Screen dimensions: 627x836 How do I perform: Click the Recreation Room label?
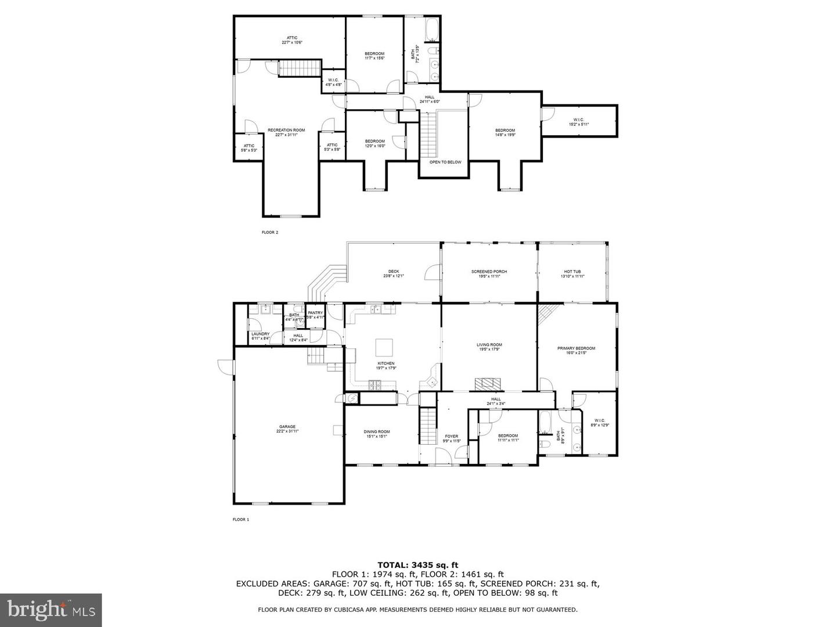(286, 132)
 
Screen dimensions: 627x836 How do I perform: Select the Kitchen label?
(386, 366)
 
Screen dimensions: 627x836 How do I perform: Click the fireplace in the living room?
(487, 383)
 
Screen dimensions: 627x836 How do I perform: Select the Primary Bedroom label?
(576, 351)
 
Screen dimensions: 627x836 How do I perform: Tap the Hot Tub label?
(572, 273)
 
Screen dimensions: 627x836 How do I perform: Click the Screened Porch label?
(489, 273)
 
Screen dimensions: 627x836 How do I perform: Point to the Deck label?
(394, 273)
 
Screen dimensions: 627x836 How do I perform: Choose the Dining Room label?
(377, 434)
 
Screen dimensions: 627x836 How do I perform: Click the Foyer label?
(452, 438)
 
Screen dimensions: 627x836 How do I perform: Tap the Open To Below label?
(445, 162)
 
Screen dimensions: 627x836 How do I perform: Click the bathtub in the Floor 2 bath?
(433, 30)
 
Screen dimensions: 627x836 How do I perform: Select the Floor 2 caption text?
(270, 232)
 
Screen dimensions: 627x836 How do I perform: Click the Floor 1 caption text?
(240, 520)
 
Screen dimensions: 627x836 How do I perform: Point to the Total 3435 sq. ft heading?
(418, 564)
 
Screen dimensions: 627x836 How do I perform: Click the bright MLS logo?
(51, 610)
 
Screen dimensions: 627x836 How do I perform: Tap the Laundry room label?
(260, 336)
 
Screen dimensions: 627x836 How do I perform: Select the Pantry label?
(315, 315)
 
